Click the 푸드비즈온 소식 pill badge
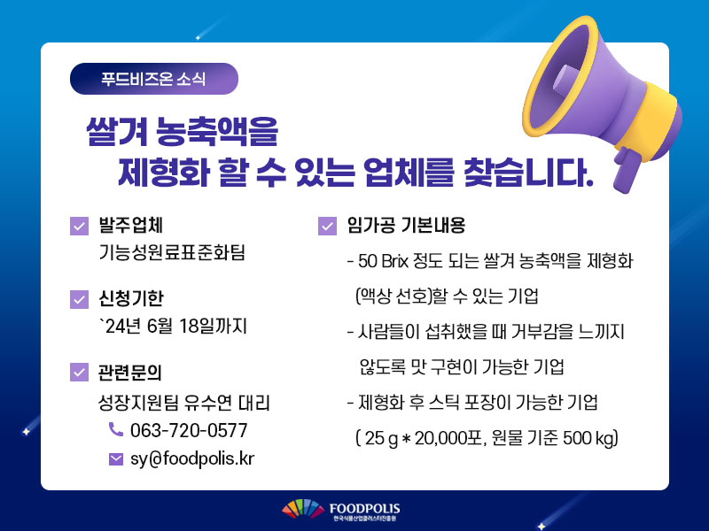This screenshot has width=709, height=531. pyautogui.click(x=153, y=79)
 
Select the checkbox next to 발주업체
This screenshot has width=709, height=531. pyautogui.click(x=79, y=227)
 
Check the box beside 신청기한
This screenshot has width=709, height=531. pyautogui.click(x=79, y=299)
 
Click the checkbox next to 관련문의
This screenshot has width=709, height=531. pyautogui.click(x=79, y=373)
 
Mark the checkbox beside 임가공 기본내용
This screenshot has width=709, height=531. pyautogui.click(x=327, y=227)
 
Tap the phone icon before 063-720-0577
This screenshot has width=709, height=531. pyautogui.click(x=116, y=429)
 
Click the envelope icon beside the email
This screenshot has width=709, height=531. pyautogui.click(x=116, y=459)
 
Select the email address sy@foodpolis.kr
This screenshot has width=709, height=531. pyautogui.click(x=192, y=458)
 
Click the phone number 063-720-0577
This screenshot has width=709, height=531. pyautogui.click(x=189, y=430)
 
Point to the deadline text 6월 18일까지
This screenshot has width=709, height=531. pyautogui.click(x=197, y=326)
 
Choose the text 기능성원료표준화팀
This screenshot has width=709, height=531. pyautogui.click(x=172, y=252)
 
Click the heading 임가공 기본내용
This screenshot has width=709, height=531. pyautogui.click(x=406, y=226)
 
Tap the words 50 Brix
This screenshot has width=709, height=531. pyautogui.click(x=384, y=261)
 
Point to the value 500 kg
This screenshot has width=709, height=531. pyautogui.click(x=590, y=438)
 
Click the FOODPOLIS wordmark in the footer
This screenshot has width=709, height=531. pyautogui.click(x=364, y=509)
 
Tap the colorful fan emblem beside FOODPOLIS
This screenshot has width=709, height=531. pyautogui.click(x=303, y=508)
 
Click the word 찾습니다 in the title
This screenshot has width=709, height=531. pyautogui.click(x=528, y=173)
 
